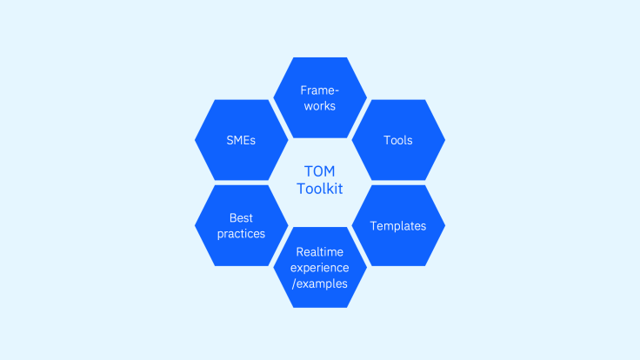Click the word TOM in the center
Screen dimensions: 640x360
[x=320, y=171]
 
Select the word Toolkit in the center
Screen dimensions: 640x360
[x=320, y=189]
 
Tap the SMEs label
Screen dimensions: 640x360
[x=241, y=140]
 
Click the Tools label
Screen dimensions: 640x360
[x=398, y=140]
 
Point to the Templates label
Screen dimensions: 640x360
[x=398, y=226]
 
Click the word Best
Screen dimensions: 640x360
[x=241, y=218]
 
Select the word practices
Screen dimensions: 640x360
[x=241, y=234]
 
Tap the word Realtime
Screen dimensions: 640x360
[x=320, y=252]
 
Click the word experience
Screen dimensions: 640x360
[x=320, y=268]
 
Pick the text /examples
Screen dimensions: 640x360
[x=320, y=283]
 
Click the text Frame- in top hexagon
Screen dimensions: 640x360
[x=320, y=90]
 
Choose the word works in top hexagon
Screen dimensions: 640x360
[x=320, y=106]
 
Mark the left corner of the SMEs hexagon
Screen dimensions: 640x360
[x=195, y=140]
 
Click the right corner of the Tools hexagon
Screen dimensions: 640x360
[x=445, y=140]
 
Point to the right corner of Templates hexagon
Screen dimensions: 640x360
[x=445, y=226]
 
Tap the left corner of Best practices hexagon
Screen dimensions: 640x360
[x=195, y=226]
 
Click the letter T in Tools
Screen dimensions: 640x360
[x=387, y=140]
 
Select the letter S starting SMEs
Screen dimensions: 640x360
[x=230, y=140]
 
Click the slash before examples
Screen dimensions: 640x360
[x=294, y=284]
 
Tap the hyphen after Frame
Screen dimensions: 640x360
[x=337, y=91]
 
